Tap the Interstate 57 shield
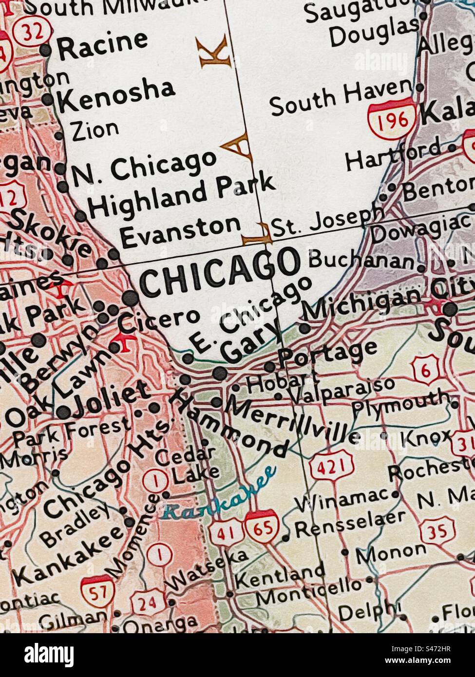point(97,591)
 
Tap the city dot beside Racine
point(45,50)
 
